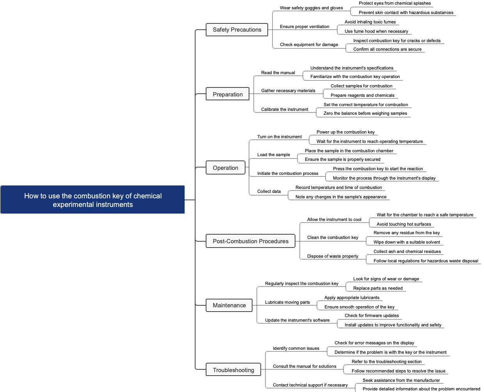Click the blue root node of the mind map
(93, 200)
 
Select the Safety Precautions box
(237, 30)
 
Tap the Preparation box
(228, 94)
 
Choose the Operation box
(225, 167)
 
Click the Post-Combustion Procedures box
(251, 241)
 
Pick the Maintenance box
(229, 305)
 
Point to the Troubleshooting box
(233, 370)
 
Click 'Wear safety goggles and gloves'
(311, 8)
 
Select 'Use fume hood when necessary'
(376, 31)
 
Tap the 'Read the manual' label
(278, 73)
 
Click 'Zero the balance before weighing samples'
(365, 113)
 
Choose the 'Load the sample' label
(273, 155)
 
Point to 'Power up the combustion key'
(345, 132)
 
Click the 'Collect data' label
(269, 191)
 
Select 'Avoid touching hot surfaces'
(404, 224)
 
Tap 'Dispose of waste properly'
(333, 256)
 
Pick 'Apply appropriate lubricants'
(352, 298)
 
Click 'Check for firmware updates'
(372, 315)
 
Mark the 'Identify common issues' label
(296, 348)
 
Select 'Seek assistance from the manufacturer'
(401, 380)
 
